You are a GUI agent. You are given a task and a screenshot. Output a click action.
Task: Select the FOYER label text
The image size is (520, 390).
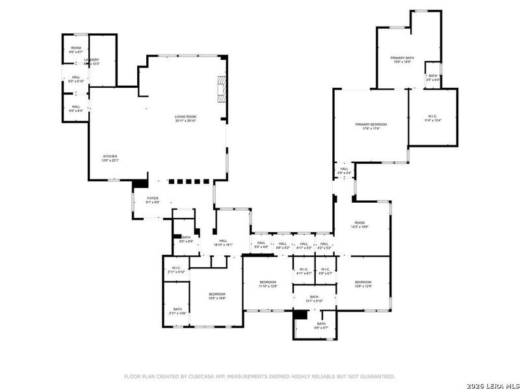[153, 198]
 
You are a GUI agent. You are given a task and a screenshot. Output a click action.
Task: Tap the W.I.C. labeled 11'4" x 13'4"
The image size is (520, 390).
[432, 118]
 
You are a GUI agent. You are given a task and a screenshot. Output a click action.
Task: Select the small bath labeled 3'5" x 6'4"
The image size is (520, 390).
[432, 77]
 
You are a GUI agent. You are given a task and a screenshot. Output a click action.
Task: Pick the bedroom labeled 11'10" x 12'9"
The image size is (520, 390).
[268, 285]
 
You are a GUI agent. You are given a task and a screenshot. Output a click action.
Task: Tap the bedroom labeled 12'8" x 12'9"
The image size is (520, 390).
[363, 285]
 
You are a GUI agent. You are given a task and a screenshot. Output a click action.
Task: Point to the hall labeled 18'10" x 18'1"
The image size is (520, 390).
[223, 243]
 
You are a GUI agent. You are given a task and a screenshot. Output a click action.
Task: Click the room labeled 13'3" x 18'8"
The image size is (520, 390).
[359, 224]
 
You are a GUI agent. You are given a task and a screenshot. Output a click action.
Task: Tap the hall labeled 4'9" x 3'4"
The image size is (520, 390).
[343, 171]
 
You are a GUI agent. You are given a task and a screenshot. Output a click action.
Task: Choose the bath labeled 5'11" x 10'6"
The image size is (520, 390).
[177, 311]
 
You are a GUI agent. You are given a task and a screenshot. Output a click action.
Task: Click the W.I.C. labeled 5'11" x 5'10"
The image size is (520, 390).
[176, 270]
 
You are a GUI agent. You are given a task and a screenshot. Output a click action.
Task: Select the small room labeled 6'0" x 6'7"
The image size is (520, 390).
[76, 49]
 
